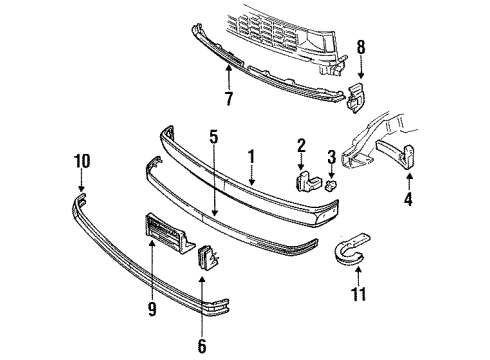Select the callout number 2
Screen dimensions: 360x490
tap(299, 147)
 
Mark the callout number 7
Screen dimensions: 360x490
tap(229, 99)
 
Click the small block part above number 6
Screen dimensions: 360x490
tap(208, 258)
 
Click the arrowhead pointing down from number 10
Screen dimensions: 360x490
tap(81, 188)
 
